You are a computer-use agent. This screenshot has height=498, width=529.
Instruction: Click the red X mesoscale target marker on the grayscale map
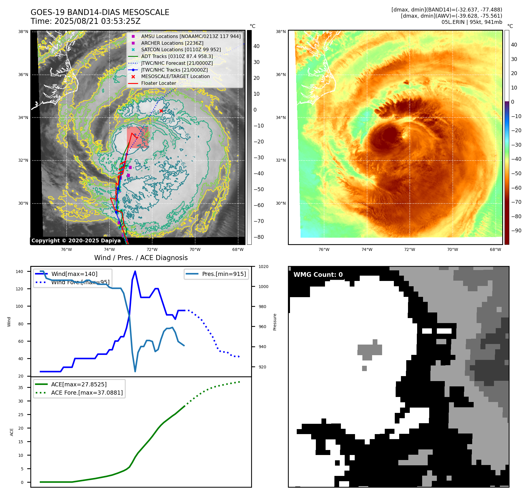[161, 111]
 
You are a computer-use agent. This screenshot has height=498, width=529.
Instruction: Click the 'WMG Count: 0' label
[318, 275]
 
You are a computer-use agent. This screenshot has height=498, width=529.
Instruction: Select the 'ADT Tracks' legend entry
[177, 56]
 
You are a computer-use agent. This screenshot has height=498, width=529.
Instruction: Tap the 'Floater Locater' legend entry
[158, 83]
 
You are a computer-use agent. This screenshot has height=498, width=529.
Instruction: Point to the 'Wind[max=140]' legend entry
[74, 274]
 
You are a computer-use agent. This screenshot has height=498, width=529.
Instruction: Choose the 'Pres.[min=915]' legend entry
[224, 274]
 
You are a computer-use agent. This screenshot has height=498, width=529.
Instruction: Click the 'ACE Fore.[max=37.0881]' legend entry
[87, 393]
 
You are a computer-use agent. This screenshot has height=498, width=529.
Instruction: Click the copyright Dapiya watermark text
[76, 241]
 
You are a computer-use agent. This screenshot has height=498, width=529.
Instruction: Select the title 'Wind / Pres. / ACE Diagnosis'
[141, 258]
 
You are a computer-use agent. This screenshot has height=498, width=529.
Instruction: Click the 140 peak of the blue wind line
[135, 271]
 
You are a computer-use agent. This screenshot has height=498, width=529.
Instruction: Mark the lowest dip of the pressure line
[135, 371]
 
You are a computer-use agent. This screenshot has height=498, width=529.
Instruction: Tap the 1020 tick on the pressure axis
[263, 267]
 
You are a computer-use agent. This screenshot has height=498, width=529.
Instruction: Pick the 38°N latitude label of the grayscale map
[23, 32]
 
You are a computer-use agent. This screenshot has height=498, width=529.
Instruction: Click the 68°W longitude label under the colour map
[495, 249]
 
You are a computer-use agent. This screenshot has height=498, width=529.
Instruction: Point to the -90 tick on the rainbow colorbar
[516, 231]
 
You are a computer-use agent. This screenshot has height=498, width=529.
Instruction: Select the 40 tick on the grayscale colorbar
[256, 46]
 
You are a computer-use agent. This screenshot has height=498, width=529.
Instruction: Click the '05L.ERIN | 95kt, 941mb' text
[472, 22]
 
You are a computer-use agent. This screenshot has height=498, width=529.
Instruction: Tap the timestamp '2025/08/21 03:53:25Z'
[97, 21]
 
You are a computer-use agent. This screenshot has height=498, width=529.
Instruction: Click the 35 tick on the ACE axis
[21, 388]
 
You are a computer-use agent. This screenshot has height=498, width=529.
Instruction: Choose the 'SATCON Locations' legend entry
[181, 49]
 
